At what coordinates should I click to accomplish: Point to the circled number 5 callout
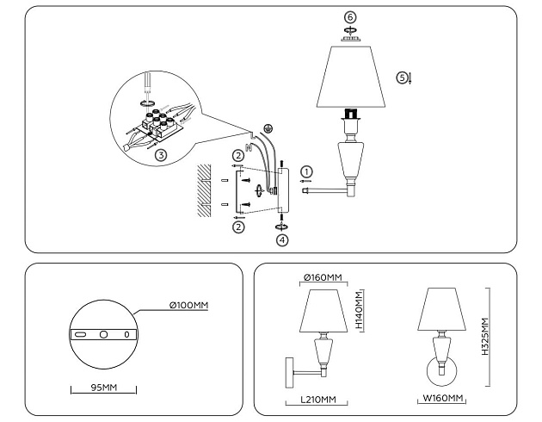(401, 78)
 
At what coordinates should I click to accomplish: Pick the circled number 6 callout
(349, 17)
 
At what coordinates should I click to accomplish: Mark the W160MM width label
(444, 398)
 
